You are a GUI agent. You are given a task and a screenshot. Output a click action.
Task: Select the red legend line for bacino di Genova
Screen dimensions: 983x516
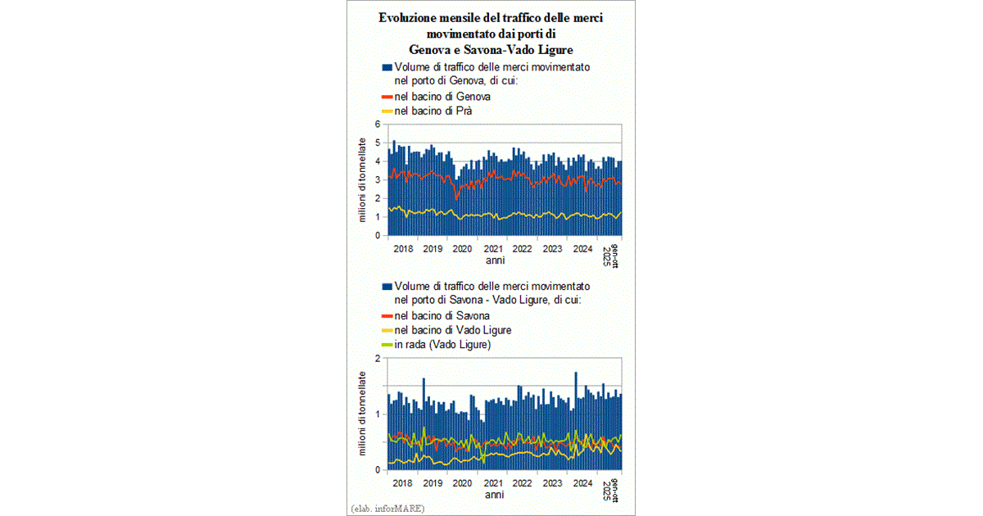(x=387, y=97)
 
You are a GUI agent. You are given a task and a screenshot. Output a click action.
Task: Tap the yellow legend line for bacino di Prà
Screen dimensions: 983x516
(x=387, y=111)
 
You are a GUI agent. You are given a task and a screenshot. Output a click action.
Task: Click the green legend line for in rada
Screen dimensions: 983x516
(x=387, y=345)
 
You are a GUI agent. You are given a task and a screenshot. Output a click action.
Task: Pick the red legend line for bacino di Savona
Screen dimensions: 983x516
(x=387, y=316)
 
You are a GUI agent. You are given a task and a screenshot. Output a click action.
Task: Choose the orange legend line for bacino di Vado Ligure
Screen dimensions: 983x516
(x=387, y=330)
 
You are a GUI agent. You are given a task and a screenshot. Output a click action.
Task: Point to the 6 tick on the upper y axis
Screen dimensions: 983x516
(x=378, y=124)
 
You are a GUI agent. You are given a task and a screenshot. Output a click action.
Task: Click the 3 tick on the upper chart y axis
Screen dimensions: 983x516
(x=378, y=180)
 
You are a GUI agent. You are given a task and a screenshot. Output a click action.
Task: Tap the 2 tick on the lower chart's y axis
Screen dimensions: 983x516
(x=378, y=359)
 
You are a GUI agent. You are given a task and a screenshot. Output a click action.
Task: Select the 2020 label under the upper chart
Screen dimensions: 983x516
(x=462, y=249)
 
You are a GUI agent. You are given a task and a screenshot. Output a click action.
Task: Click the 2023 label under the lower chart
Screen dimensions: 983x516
(x=552, y=483)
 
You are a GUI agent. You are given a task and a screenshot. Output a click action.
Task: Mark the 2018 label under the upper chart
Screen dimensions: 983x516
(x=403, y=249)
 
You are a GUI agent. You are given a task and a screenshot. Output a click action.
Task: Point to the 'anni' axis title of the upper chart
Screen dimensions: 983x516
(x=495, y=260)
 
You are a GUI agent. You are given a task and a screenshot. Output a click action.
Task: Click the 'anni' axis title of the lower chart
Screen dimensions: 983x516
(x=494, y=495)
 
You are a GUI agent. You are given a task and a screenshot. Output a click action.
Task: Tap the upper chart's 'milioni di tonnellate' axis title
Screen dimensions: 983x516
(x=362, y=180)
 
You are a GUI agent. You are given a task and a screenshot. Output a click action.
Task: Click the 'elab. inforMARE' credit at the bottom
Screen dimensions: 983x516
(x=387, y=509)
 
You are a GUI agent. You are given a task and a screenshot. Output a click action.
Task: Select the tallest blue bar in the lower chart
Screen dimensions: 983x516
(x=576, y=421)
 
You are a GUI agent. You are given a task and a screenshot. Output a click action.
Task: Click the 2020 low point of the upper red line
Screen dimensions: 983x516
(x=456, y=200)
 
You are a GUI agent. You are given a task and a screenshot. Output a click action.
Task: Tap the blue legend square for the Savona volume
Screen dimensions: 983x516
(x=387, y=287)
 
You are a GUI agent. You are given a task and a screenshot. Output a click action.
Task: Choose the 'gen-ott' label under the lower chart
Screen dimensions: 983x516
(x=615, y=490)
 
